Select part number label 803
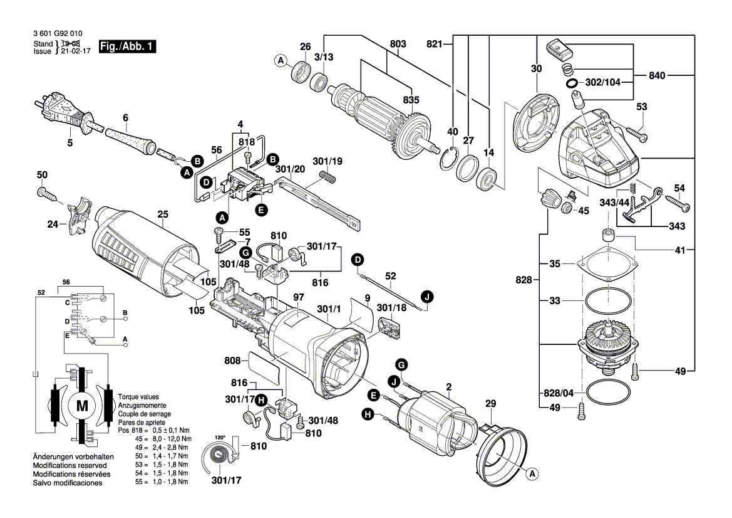point(398,44)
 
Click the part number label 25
point(163,214)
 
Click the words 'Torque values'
point(138,397)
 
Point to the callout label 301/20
point(290,169)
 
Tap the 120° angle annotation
point(219,437)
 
